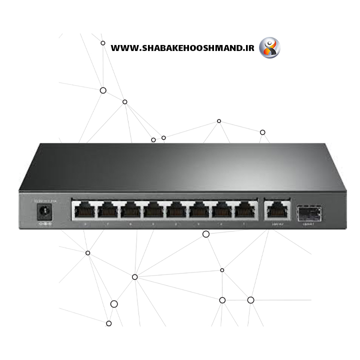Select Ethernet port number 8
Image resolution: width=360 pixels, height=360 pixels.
(x=84, y=209)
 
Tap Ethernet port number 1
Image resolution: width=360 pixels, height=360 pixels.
(x=244, y=209)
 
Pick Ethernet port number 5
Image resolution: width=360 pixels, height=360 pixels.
(x=152, y=209)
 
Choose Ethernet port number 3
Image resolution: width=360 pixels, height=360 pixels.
(x=198, y=209)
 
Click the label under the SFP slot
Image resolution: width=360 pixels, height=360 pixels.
(x=307, y=224)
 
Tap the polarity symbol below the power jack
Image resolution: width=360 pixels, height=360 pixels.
(x=45, y=223)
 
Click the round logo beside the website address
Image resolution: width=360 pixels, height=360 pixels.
(x=269, y=48)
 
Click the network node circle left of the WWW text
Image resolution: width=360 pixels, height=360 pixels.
(x=103, y=43)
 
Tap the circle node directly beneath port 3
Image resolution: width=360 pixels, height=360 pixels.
(x=205, y=234)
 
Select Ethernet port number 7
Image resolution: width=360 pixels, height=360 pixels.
(x=107, y=209)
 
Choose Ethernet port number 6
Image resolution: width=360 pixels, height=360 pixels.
(x=130, y=209)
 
